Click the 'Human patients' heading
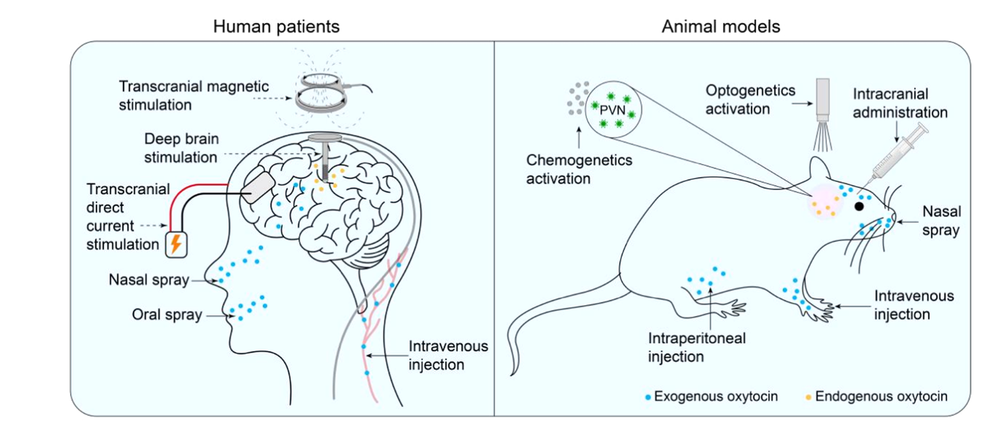tap(276, 27)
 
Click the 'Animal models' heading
tap(721, 27)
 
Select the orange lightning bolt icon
tap(175, 244)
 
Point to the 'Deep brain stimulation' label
tap(181, 149)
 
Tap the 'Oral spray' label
tap(167, 315)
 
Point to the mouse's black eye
tap(861, 206)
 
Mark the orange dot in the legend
tap(809, 397)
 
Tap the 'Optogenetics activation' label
tap(751, 99)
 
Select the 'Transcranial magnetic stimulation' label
tap(194, 96)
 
